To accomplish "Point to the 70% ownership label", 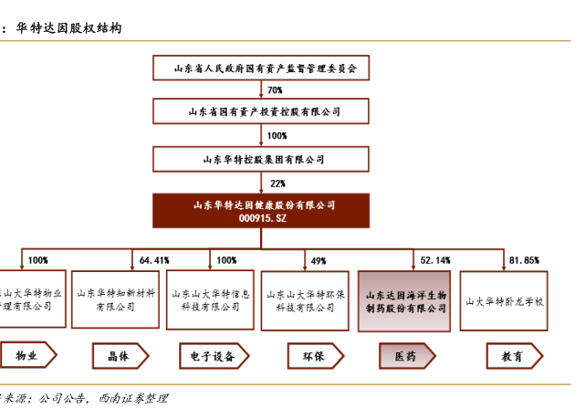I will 275,90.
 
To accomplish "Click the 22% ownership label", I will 277,184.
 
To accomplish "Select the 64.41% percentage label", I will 154,261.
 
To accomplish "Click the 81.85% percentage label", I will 524,261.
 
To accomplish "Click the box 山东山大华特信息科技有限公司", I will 211,300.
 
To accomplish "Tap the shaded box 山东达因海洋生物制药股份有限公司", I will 404,300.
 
